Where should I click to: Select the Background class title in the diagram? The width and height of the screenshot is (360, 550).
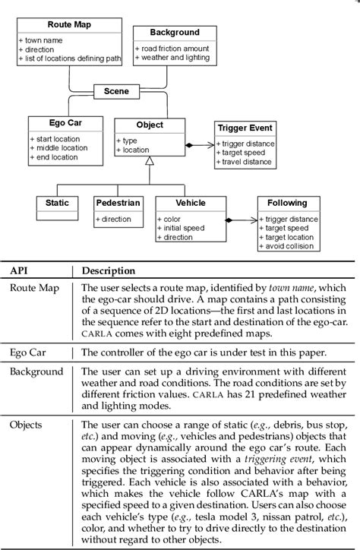[x=175, y=33]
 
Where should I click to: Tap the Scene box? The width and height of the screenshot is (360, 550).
[x=116, y=91]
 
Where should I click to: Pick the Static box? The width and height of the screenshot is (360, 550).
[x=57, y=203]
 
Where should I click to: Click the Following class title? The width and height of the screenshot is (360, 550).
[x=286, y=203]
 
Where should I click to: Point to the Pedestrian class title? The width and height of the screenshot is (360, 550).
[x=118, y=203]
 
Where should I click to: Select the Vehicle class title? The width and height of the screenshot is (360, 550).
[x=190, y=203]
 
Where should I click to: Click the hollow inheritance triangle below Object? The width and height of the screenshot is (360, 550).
[x=150, y=160]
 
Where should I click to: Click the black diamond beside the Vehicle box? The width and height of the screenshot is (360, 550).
[x=228, y=220]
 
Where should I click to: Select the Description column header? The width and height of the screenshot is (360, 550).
[x=109, y=270]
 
